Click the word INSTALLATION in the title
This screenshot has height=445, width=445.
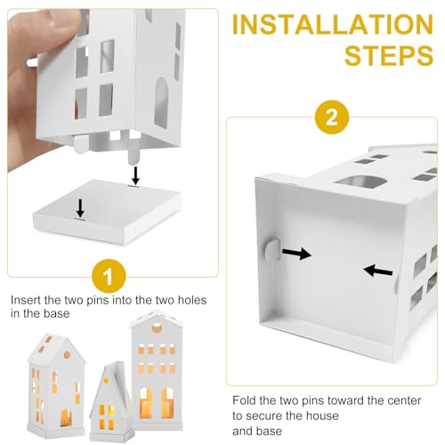(333, 24)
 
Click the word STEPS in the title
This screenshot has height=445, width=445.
(389, 55)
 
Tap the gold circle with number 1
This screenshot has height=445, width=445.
(109, 276)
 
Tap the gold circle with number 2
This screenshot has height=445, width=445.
(332, 117)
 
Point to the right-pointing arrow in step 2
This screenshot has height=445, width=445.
(296, 254)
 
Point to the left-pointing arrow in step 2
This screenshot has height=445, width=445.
(378, 271)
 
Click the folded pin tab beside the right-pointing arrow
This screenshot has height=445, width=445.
(272, 250)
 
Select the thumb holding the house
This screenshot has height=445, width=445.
(44, 24)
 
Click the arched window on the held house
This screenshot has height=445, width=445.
(161, 102)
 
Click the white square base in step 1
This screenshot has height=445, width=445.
(108, 212)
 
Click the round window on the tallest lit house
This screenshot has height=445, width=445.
(157, 328)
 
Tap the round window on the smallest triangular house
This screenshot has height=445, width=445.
(106, 381)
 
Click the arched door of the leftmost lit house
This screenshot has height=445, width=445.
(66, 417)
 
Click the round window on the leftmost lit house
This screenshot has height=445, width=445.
(67, 354)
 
